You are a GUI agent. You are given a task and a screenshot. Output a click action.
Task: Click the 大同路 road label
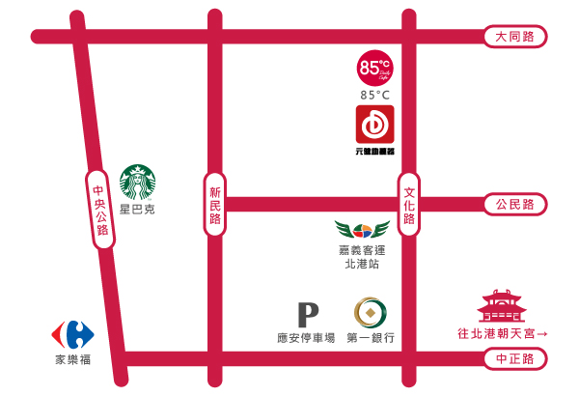click(x=514, y=37)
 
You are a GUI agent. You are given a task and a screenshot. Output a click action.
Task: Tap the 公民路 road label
click(x=514, y=205)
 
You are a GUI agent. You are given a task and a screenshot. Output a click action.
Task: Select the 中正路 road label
click(x=514, y=359)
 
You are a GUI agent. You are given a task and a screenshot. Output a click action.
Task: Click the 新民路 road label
click(x=215, y=205)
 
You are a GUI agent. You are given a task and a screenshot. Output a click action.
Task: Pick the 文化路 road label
click(x=408, y=205)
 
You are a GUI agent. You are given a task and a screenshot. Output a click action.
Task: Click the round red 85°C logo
click(x=373, y=68)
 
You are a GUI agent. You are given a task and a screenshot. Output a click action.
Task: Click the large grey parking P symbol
click(x=307, y=315)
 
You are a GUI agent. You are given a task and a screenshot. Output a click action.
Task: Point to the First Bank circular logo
click(x=371, y=313)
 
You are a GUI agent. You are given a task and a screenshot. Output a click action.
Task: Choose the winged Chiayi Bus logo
click(x=362, y=231)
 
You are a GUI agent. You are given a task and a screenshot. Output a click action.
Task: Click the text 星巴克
click(x=137, y=209)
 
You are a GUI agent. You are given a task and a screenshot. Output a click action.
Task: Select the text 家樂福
click(x=72, y=360)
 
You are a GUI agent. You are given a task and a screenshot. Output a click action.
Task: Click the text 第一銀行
click(x=372, y=339)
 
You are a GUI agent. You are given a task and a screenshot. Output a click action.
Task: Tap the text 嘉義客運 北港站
click(x=362, y=256)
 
